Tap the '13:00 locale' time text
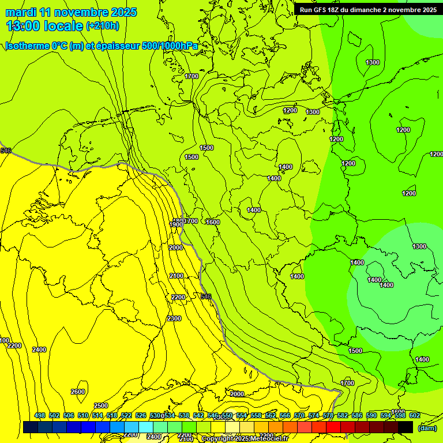[45, 25]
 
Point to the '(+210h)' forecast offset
[103, 26]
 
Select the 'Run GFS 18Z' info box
[367, 9]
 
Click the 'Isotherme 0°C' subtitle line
[102, 46]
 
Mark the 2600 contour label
[78, 392]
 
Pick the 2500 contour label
[101, 406]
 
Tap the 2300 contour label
[174, 318]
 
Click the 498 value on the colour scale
[40, 415]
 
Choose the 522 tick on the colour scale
[126, 415]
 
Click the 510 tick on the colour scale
[83, 415]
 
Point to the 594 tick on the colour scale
[385, 415]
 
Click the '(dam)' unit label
[426, 428]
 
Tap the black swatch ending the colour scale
[406, 427]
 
